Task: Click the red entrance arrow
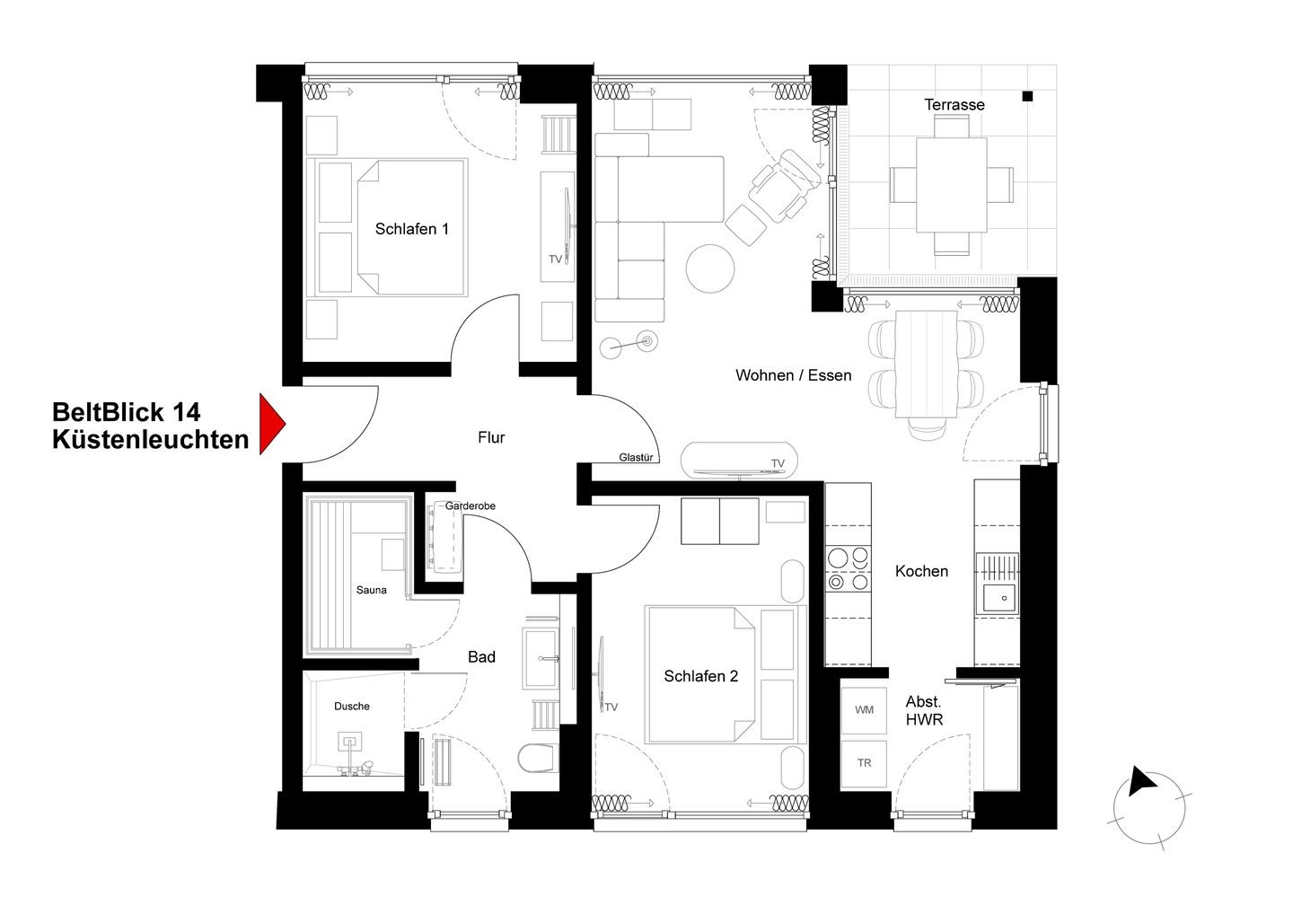(x=270, y=424)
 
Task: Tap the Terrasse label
(x=954, y=104)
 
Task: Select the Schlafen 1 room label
(x=411, y=229)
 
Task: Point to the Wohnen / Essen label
(x=793, y=375)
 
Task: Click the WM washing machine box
(x=864, y=710)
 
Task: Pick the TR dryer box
(x=864, y=763)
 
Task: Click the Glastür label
(x=636, y=457)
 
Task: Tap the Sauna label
(x=371, y=590)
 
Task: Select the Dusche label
(x=352, y=706)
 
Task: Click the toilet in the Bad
(x=538, y=758)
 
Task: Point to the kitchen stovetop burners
(x=848, y=569)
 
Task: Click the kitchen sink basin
(x=999, y=598)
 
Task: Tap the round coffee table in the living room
(x=710, y=268)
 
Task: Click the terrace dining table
(x=951, y=185)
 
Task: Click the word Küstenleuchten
(x=151, y=440)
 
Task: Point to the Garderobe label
(x=470, y=505)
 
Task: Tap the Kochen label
(x=921, y=571)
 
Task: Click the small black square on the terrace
(x=1027, y=96)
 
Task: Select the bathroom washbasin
(x=541, y=658)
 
